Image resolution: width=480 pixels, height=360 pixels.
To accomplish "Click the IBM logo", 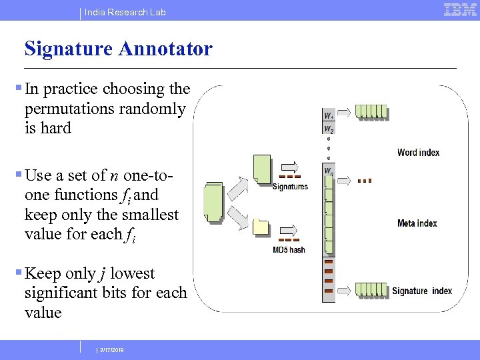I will [x=460, y=10].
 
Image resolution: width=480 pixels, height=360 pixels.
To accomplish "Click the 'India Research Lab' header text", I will [x=125, y=12].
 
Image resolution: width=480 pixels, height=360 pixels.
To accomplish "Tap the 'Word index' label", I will [x=418, y=153].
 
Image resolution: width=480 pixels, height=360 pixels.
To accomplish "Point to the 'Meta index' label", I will [x=417, y=223].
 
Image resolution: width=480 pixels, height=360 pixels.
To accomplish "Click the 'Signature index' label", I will [x=421, y=291].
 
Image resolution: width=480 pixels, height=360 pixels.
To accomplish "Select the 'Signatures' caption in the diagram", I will [x=290, y=187].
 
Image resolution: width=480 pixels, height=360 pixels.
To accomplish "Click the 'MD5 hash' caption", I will [x=289, y=250].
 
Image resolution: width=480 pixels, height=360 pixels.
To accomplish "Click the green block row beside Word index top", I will [x=371, y=111].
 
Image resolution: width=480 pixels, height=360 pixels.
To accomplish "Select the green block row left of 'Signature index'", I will [x=370, y=290].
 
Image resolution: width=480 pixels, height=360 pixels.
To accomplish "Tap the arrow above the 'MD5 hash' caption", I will [x=290, y=228].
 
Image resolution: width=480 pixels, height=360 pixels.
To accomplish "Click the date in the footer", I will [x=111, y=350].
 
